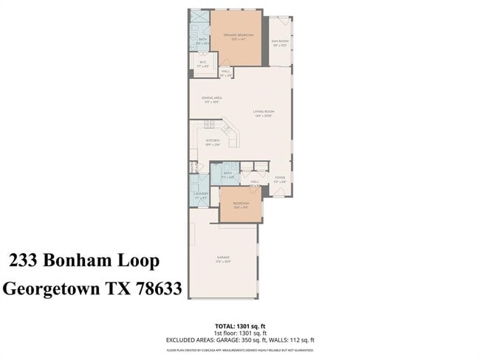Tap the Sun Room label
(280, 42)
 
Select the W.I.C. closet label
(202, 64)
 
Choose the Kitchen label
(213, 141)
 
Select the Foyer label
(280, 179)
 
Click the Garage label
(222, 258)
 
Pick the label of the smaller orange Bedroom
(241, 204)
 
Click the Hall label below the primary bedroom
(226, 72)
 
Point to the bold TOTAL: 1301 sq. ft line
(240, 325)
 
